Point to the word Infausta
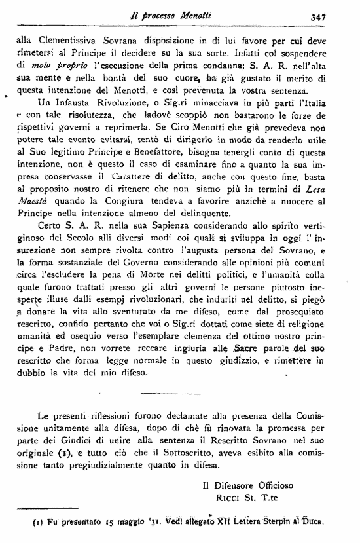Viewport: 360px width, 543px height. pyautogui.click(x=72, y=102)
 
